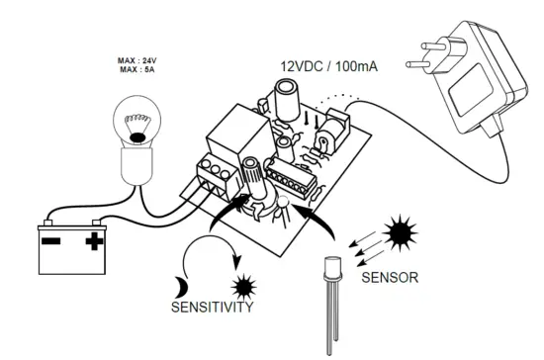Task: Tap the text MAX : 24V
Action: click(138, 61)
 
